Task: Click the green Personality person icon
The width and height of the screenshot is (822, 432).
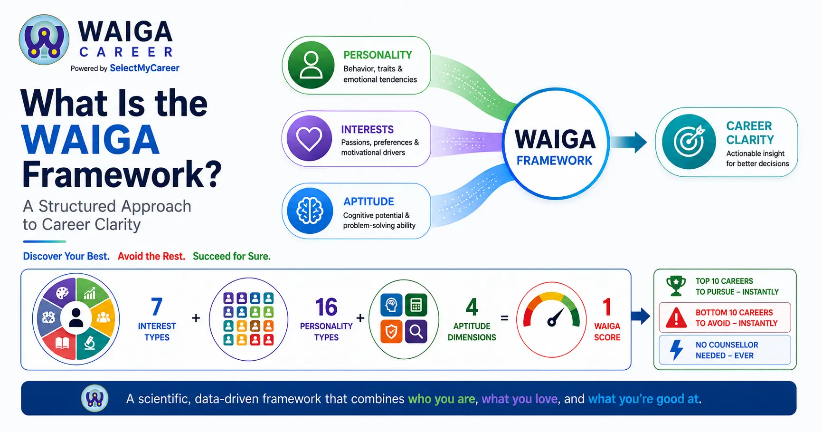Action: (311, 65)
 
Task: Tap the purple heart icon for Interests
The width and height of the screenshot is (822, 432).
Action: (309, 138)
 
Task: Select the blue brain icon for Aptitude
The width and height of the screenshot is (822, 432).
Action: (310, 211)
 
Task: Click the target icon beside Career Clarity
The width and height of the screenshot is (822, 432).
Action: (689, 142)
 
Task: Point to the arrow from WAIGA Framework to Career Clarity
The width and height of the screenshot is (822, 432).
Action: (628, 142)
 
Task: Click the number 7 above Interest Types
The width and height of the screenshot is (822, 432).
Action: (157, 307)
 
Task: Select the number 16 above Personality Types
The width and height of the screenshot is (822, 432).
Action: (326, 307)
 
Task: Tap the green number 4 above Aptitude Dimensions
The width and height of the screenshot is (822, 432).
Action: (472, 307)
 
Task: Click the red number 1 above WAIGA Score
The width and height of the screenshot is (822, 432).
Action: (607, 307)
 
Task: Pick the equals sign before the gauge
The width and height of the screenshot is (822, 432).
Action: (504, 318)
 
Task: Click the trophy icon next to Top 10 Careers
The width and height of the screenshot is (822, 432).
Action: (676, 286)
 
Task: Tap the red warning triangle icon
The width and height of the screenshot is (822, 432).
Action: (676, 317)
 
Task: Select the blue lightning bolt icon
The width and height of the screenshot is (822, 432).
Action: (676, 350)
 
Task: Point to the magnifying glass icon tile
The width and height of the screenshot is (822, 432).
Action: (416, 331)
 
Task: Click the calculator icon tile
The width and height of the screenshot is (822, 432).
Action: (416, 305)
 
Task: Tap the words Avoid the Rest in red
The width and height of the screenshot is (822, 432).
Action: (151, 256)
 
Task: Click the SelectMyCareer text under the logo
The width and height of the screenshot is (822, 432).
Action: (144, 68)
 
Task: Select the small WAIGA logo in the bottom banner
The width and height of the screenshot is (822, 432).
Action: (95, 398)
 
